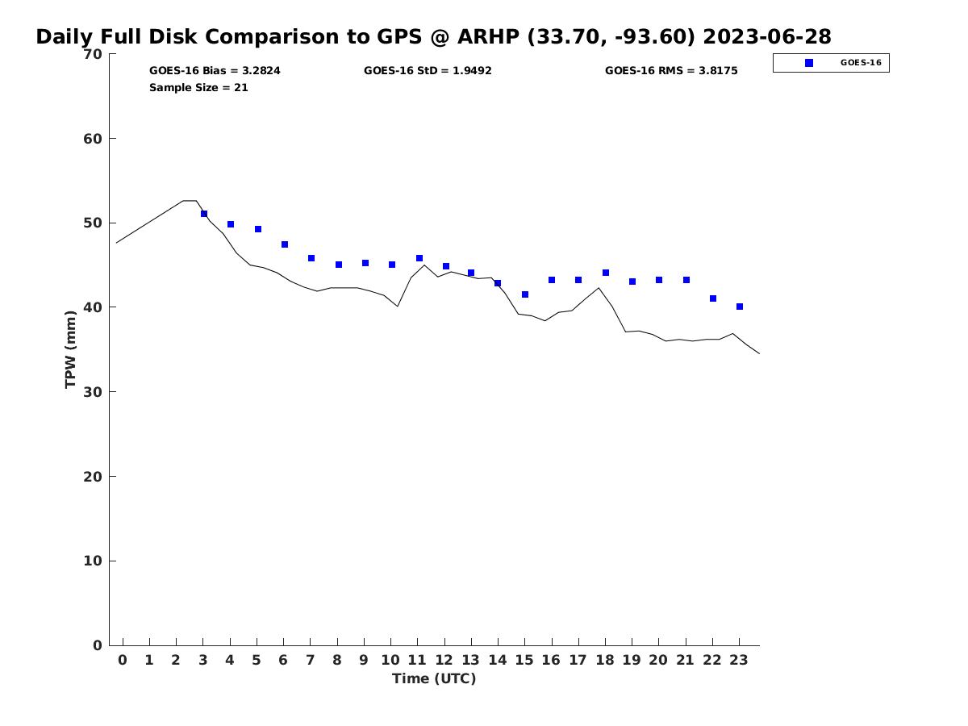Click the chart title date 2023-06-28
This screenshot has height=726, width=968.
tap(767, 37)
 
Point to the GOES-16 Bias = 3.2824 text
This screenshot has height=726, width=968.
tap(215, 71)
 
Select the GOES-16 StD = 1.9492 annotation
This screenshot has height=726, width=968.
tap(428, 71)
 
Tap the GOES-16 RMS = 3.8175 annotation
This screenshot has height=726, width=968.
tap(671, 71)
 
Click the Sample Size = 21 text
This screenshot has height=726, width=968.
tap(198, 88)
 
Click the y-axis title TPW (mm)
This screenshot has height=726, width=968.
tap(71, 349)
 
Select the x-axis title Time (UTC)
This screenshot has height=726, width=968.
tap(434, 678)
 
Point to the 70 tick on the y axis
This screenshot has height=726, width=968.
tap(93, 54)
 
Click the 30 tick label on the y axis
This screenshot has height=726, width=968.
tap(93, 392)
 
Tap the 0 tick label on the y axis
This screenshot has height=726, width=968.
tap(98, 645)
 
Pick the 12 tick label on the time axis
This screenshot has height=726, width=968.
tap(444, 660)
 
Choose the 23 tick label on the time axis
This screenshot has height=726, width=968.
tap(739, 660)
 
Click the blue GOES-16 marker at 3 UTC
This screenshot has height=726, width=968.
tap(204, 214)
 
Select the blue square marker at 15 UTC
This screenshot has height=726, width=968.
tap(525, 294)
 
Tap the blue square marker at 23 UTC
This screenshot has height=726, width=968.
tap(740, 307)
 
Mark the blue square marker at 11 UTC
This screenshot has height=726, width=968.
tap(419, 258)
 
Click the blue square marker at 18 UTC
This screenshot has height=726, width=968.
tap(606, 273)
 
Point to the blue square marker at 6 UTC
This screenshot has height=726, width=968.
tap(285, 244)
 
